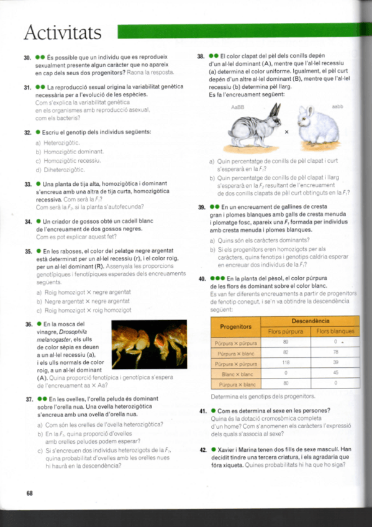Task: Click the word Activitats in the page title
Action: [62, 30]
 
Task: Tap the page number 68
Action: [29, 493]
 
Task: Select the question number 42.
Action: [202, 449]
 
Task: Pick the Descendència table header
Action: [310, 321]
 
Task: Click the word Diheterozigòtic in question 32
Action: [64, 170]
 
